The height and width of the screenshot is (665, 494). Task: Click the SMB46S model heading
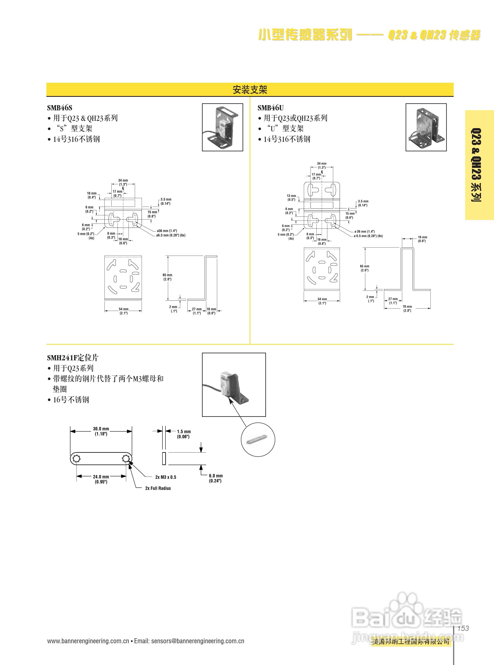(x=60, y=108)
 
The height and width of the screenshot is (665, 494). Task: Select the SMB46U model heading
(x=270, y=108)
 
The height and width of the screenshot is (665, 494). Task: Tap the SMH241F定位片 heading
(x=73, y=358)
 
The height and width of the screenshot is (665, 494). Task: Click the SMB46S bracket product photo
(x=222, y=127)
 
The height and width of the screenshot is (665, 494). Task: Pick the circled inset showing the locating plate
(x=258, y=440)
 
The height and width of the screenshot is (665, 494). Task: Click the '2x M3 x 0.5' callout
(x=166, y=477)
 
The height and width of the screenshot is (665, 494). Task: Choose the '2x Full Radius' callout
(x=158, y=488)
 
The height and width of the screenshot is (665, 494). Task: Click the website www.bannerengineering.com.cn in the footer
(x=88, y=641)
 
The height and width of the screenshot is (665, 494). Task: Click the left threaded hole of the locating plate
(x=76, y=459)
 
